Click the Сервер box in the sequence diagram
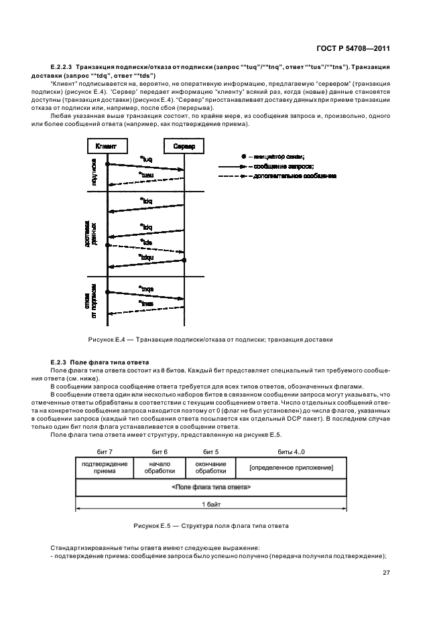pyautogui.click(x=184, y=146)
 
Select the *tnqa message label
pyautogui.click(x=146, y=288)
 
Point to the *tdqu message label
pyautogui.click(x=145, y=256)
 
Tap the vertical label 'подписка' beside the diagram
pyautogui.click(x=94, y=171)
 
